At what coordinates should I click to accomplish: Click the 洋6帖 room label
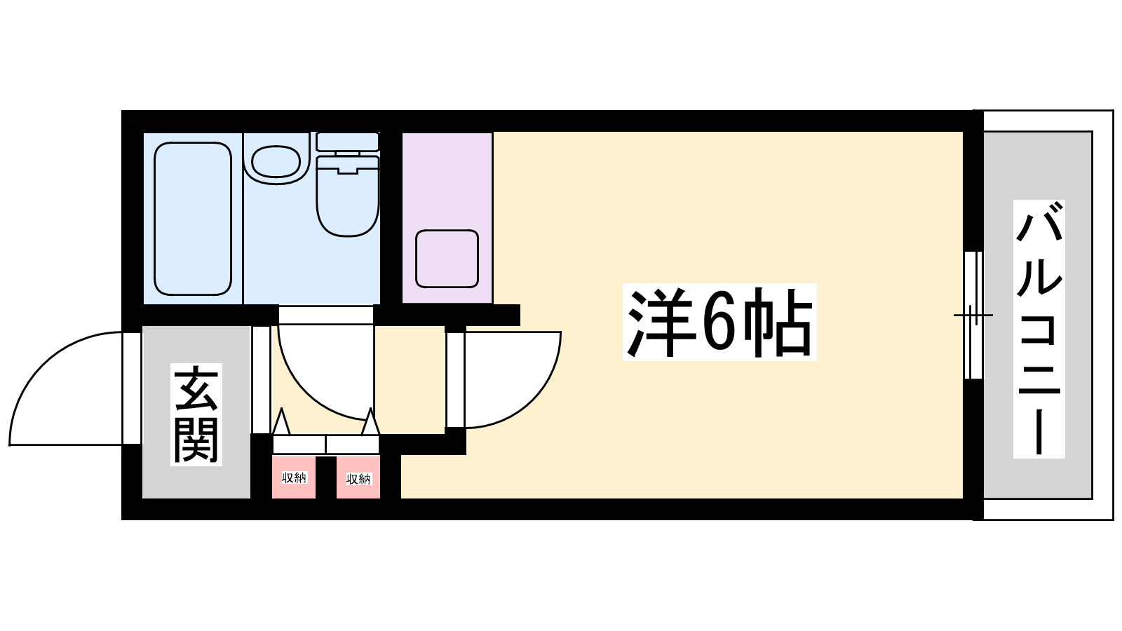tap(719, 322)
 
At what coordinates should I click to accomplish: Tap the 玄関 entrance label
tap(196, 414)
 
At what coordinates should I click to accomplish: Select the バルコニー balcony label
tap(1039, 329)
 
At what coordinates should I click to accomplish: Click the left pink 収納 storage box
tap(294, 477)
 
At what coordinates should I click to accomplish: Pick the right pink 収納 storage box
tap(358, 477)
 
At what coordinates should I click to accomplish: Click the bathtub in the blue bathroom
tap(193, 219)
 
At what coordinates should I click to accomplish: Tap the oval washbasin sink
tap(276, 161)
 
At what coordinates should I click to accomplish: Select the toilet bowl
tap(348, 196)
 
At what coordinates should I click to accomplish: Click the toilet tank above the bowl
tap(348, 142)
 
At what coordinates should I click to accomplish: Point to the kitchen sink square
tap(447, 259)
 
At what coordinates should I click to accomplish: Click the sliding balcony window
tap(973, 315)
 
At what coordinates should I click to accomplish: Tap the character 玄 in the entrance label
tap(196, 389)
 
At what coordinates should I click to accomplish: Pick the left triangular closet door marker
tap(281, 421)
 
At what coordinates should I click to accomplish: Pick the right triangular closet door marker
tap(371, 421)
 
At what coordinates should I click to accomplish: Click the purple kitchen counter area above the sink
tap(447, 180)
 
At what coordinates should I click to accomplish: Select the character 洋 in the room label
tap(660, 322)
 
